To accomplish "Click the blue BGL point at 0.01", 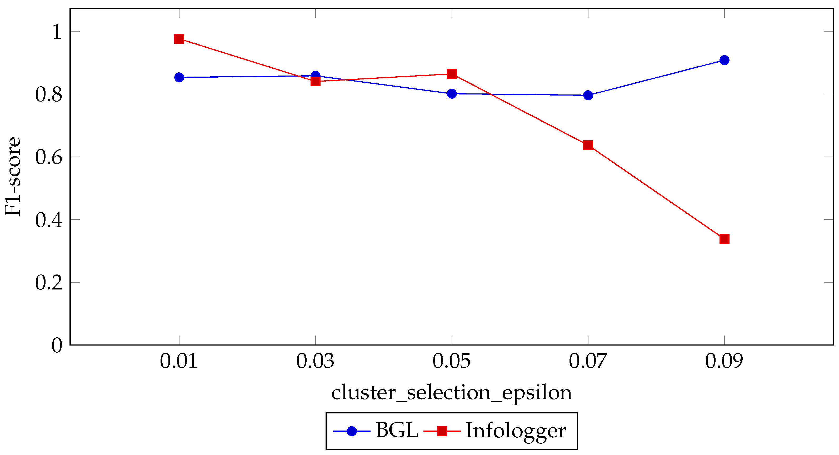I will click(x=179, y=78).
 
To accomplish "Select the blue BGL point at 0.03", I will click(x=315, y=76).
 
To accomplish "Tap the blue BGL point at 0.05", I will click(x=452, y=94).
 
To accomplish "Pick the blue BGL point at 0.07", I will click(x=588, y=96).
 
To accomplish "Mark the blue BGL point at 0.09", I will click(x=724, y=60).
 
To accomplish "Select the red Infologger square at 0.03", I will click(x=315, y=81).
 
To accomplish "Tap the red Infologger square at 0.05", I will click(x=452, y=74).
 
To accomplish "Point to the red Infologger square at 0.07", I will click(x=588, y=145).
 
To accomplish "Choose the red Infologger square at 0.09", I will click(x=724, y=239).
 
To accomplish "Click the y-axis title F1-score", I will click(x=13, y=177).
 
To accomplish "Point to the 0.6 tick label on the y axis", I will click(x=48, y=157).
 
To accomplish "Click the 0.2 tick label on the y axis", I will click(x=48, y=282).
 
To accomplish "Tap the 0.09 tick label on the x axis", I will click(x=724, y=362).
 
